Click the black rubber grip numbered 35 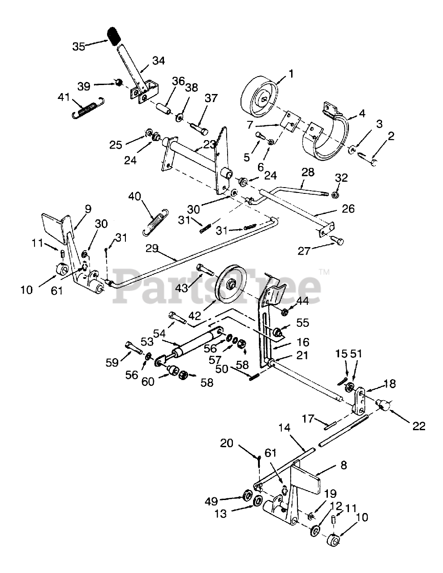pos(115,35)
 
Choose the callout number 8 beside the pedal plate pos(344,465)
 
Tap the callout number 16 pos(303,342)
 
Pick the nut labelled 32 pos(335,194)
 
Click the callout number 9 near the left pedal pos(88,208)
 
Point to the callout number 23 pos(209,145)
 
